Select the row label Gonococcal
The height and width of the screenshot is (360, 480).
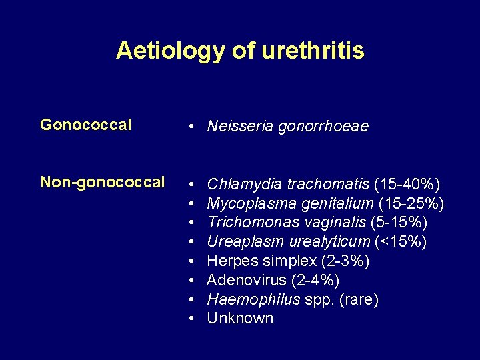[86, 125]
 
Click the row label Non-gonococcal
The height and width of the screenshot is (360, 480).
[103, 182]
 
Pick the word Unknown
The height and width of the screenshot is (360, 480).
[240, 318]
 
